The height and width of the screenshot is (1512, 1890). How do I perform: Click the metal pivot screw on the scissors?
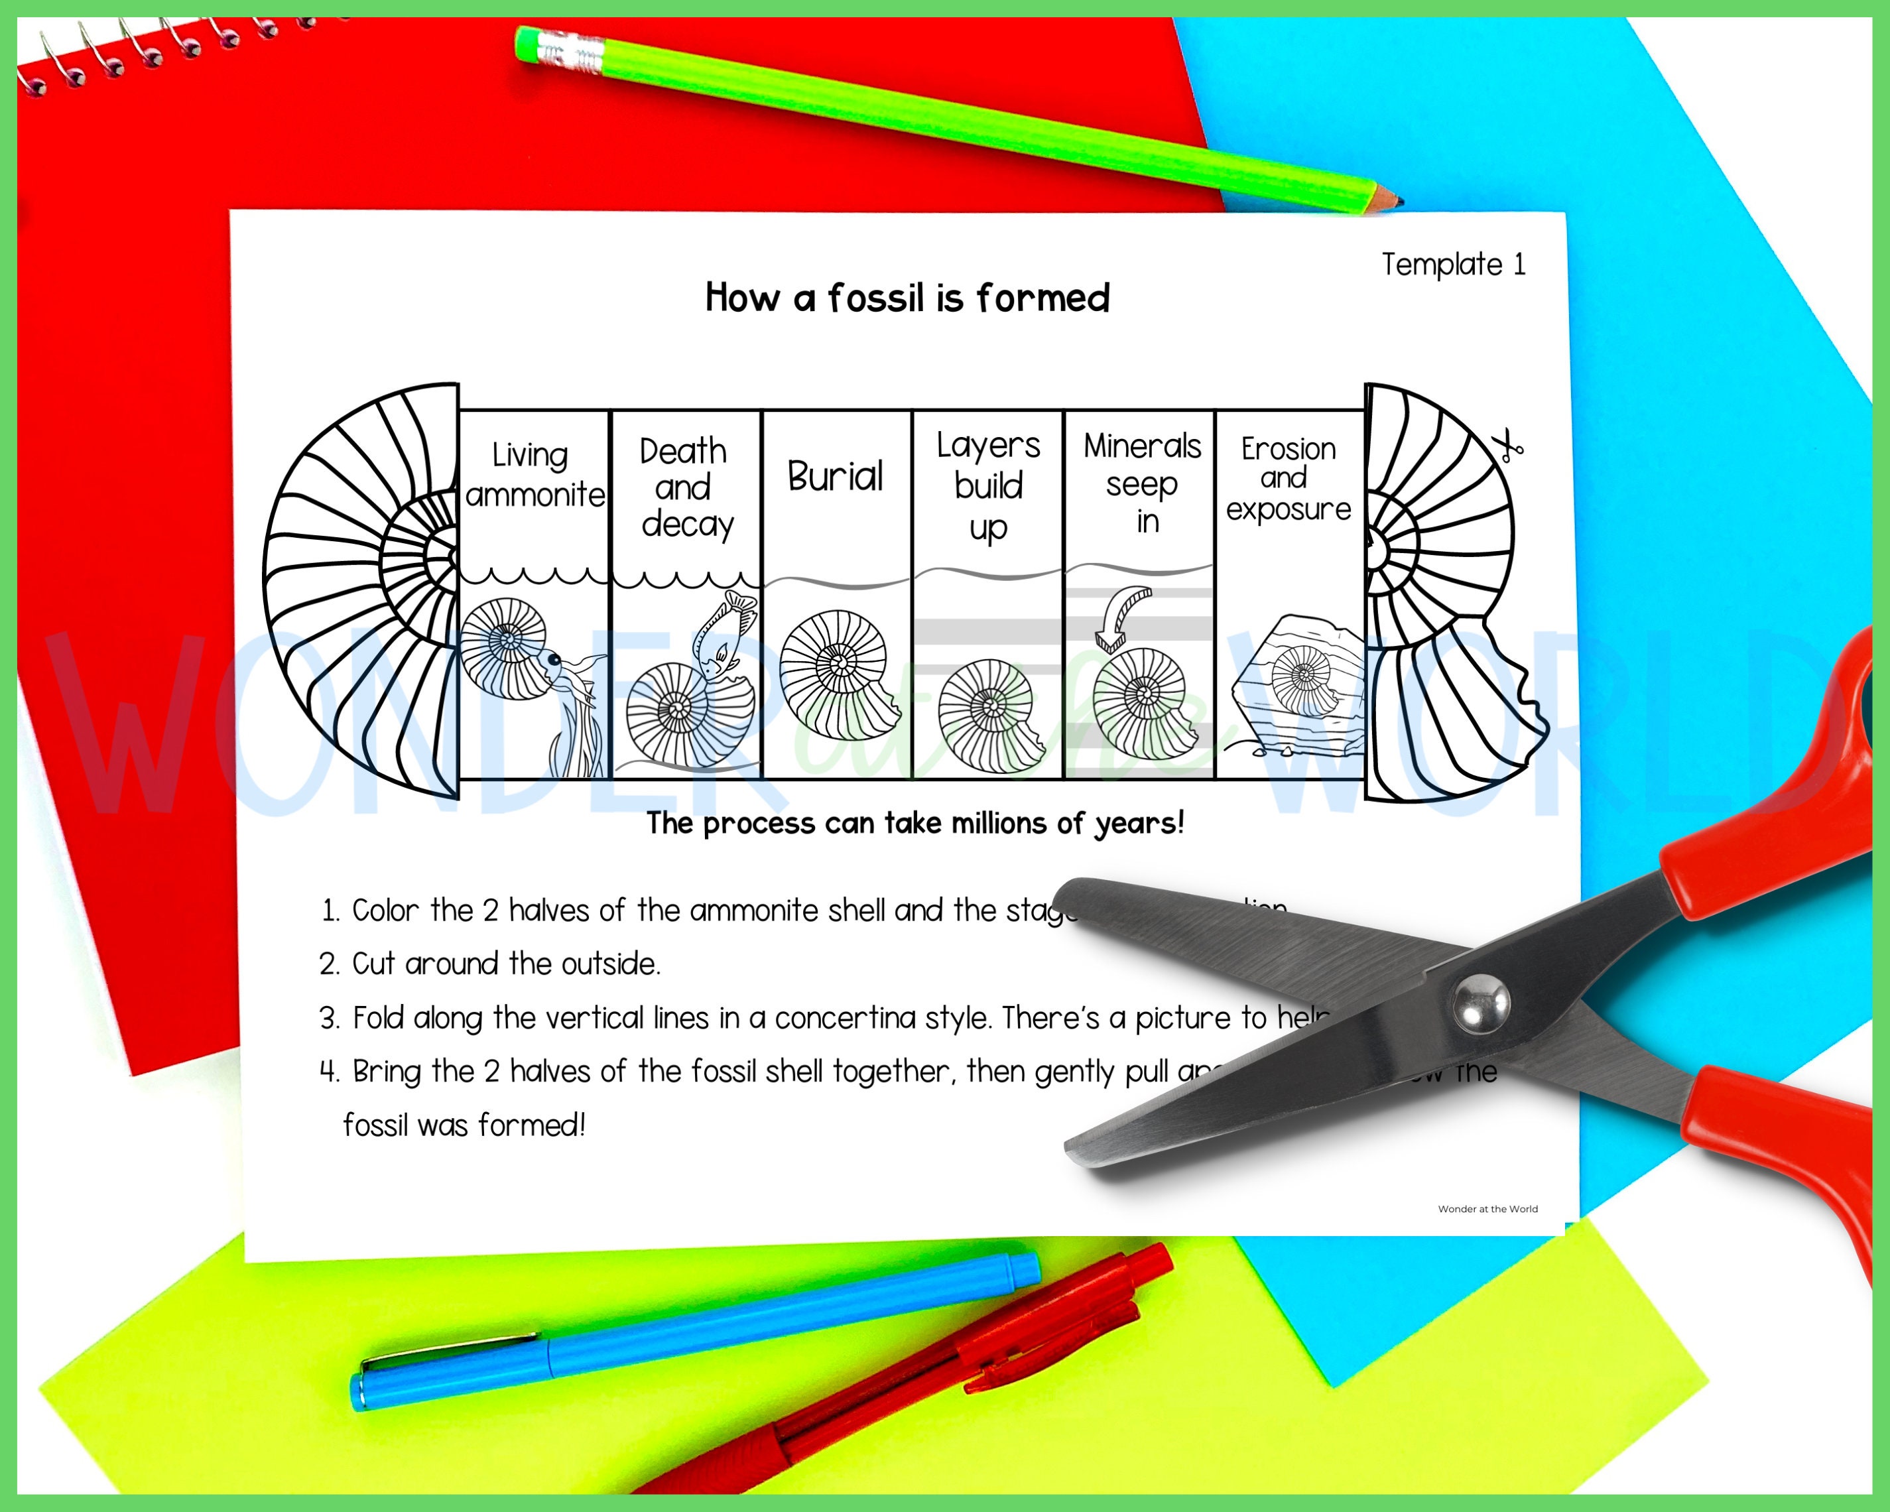coord(1481,1003)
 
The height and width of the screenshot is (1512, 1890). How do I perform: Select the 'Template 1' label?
coord(1454,264)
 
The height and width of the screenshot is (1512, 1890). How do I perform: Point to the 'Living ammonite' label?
coord(534,475)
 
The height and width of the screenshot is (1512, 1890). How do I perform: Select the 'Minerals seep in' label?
coord(1141,483)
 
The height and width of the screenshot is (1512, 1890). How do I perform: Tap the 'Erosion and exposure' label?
coord(1288,479)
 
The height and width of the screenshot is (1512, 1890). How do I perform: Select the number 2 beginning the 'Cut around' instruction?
coord(329,964)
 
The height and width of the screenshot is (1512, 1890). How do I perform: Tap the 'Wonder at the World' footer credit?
coord(1487,1209)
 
